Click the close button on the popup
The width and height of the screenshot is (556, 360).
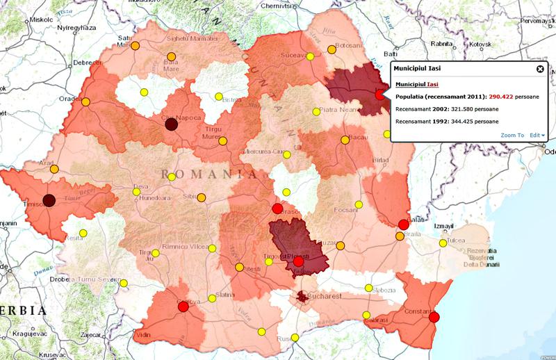pos(539,69)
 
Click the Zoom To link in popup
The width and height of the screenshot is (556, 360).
pos(511,135)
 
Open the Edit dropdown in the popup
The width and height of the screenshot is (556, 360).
pos(537,135)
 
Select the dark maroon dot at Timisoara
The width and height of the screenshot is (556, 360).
pos(49,201)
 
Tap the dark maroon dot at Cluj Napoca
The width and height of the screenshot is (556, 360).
pos(170,123)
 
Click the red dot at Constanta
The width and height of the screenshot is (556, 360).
pos(434,318)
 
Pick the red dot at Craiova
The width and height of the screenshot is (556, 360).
pos(183,308)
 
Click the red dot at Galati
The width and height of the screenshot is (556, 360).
pos(403,224)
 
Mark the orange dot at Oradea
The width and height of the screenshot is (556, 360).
pos(86,102)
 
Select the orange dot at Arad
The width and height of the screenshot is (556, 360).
pos(54,169)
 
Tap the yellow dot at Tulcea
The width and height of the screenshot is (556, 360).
pos(443,243)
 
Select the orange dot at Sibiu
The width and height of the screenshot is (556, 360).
pos(202,197)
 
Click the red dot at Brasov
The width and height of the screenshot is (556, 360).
pos(277,208)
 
